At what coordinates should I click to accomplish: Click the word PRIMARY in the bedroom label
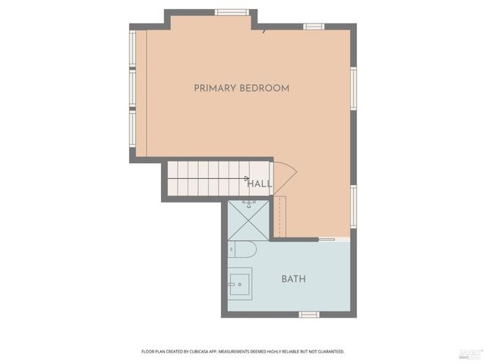coord(215,88)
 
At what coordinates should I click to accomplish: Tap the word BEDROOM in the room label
coord(264,88)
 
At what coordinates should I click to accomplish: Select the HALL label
coord(260,184)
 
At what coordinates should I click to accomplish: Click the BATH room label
coord(294,279)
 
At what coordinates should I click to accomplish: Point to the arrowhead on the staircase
coord(246,179)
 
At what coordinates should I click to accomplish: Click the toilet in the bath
coord(243,249)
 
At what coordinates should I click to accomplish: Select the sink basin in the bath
coord(240,284)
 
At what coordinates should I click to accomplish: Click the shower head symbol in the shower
coord(249,203)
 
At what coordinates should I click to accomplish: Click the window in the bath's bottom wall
coord(309,314)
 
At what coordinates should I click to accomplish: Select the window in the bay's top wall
coord(232,12)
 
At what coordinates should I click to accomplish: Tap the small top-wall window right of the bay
coord(314,27)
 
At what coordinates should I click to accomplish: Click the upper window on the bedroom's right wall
coord(353,88)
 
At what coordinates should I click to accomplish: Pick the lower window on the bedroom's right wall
coord(353,206)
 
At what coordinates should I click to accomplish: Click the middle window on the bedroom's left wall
coord(132,89)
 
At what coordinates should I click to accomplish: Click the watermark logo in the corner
coord(470,353)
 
